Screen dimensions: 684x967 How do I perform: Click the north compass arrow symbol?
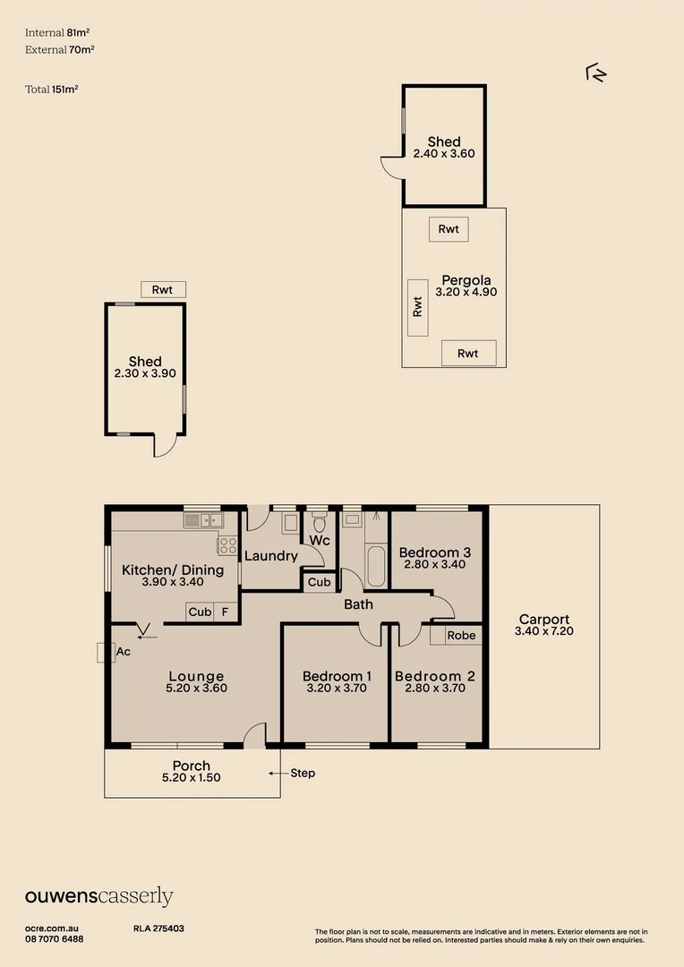pyautogui.click(x=595, y=73)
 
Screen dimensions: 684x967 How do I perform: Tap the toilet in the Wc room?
pyautogui.click(x=319, y=523)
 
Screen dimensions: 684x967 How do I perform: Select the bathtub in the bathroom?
pyautogui.click(x=376, y=566)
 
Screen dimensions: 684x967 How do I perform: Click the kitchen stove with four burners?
pyautogui.click(x=227, y=545)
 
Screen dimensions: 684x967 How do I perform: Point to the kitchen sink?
pyautogui.click(x=203, y=520)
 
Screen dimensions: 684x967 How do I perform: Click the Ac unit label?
pyautogui.click(x=123, y=651)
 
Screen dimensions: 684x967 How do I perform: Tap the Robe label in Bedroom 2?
pyautogui.click(x=461, y=635)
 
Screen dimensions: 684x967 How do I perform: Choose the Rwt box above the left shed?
pyautogui.click(x=163, y=290)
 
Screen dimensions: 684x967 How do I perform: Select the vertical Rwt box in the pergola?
pyautogui.click(x=417, y=307)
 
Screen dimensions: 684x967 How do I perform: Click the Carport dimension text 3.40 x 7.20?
pyautogui.click(x=544, y=631)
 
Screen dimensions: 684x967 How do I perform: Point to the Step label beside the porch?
pyautogui.click(x=303, y=773)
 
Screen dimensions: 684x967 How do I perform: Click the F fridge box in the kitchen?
pyautogui.click(x=225, y=612)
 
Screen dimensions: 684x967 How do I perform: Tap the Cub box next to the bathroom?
pyautogui.click(x=319, y=582)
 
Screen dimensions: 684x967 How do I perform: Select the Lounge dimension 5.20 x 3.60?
pyautogui.click(x=196, y=689)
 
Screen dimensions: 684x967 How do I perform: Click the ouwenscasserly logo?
pyautogui.click(x=98, y=896)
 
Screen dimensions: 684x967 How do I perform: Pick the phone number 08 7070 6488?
pyautogui.click(x=55, y=939)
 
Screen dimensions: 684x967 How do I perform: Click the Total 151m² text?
pyautogui.click(x=51, y=90)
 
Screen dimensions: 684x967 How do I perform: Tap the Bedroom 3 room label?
pyautogui.click(x=435, y=552)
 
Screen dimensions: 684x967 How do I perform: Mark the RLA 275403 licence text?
pyautogui.click(x=158, y=928)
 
